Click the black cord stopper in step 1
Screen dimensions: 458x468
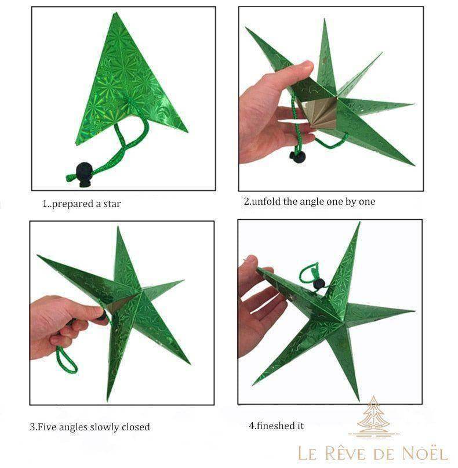click(83, 174)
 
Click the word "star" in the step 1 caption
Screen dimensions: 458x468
click(112, 204)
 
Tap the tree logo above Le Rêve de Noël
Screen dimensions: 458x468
click(373, 417)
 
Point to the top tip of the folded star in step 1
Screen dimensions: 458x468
click(116, 13)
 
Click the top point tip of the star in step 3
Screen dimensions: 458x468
click(118, 227)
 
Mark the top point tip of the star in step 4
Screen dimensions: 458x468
click(360, 222)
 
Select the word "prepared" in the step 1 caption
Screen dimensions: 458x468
click(72, 204)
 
